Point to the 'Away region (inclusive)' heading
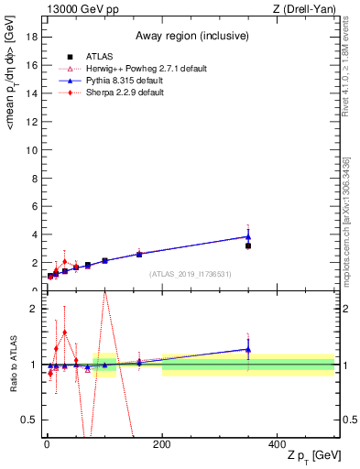189,36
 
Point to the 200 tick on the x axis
161,444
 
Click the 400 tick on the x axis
277,444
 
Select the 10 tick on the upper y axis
29,148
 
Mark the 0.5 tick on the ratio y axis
28,420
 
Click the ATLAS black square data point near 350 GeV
248,245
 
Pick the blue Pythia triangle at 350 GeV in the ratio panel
248,349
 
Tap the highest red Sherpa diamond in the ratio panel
64,333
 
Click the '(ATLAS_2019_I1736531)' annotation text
189,273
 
